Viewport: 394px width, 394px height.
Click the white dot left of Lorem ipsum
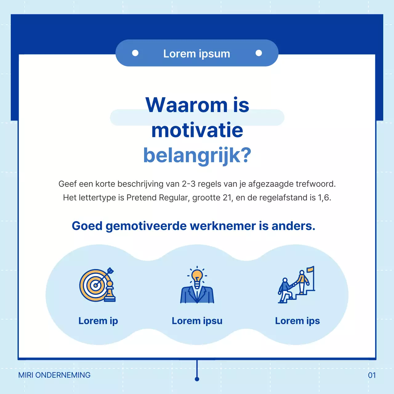pos(135,53)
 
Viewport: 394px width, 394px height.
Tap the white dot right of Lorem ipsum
pos(259,53)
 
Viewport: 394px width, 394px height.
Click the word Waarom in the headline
pos(187,105)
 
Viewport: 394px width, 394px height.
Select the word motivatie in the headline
pos(197,130)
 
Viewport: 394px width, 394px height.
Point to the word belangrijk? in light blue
pos(197,155)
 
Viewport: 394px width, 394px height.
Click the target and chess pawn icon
pos(97,285)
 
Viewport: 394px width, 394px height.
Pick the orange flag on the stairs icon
pos(310,270)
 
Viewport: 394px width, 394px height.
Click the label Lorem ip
pos(98,321)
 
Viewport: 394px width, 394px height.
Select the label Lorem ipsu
pos(197,321)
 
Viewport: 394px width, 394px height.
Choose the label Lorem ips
pos(297,321)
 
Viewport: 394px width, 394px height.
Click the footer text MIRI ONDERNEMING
pos(54,375)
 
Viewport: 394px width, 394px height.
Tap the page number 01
pos(372,375)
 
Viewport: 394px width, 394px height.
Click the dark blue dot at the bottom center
pos(197,379)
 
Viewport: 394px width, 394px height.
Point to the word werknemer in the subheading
pos(223,226)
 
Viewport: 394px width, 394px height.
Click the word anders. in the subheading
pos(293,226)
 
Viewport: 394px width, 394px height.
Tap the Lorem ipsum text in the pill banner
pos(197,54)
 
